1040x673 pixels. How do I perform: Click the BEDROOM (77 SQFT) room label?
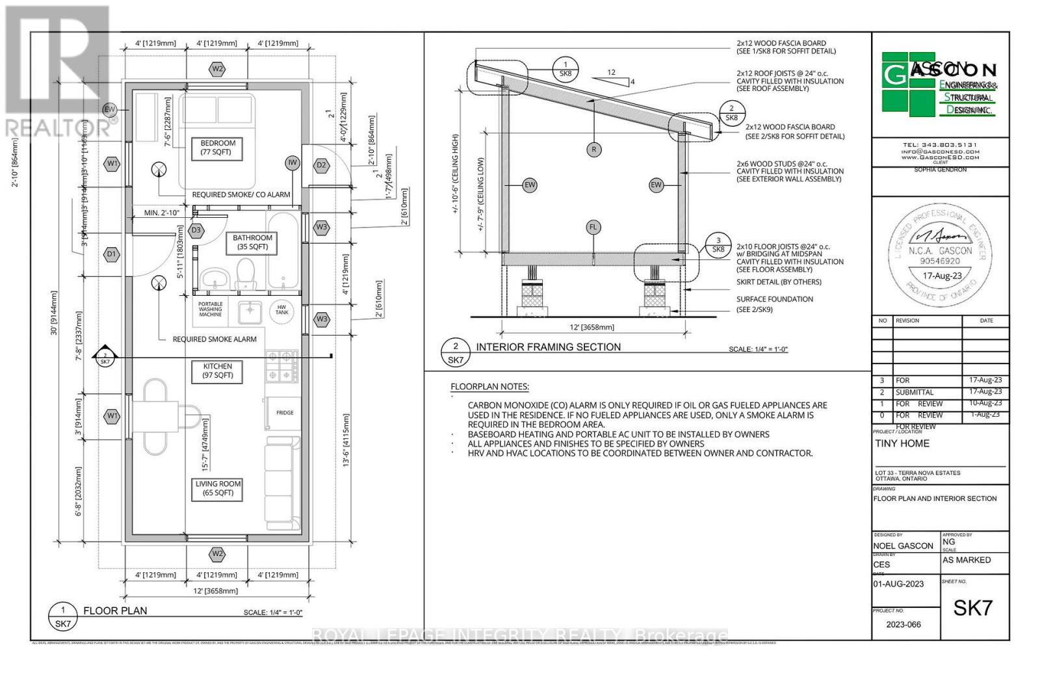tap(218, 148)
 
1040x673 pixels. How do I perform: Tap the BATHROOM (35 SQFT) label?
tap(252, 242)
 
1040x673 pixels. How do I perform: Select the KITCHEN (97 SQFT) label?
tap(217, 371)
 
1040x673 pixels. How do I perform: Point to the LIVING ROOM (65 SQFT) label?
tap(218, 488)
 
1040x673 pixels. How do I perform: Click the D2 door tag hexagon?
tap(321, 165)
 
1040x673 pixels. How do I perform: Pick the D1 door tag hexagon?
tap(112, 254)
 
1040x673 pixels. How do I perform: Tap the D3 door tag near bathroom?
tap(196, 230)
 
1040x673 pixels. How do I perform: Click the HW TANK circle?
tap(281, 310)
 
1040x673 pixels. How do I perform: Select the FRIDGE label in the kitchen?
tap(285, 412)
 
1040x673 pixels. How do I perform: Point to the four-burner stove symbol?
tap(281, 366)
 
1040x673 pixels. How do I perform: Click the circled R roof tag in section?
tap(593, 150)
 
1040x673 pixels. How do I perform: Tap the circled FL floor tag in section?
tap(593, 227)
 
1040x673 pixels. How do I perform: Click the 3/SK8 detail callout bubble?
tap(718, 244)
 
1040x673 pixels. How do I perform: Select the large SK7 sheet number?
tap(972, 607)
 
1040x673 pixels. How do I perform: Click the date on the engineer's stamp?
tap(942, 276)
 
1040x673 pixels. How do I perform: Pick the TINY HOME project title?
tap(902, 443)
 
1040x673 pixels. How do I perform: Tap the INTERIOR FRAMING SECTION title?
tap(548, 347)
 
